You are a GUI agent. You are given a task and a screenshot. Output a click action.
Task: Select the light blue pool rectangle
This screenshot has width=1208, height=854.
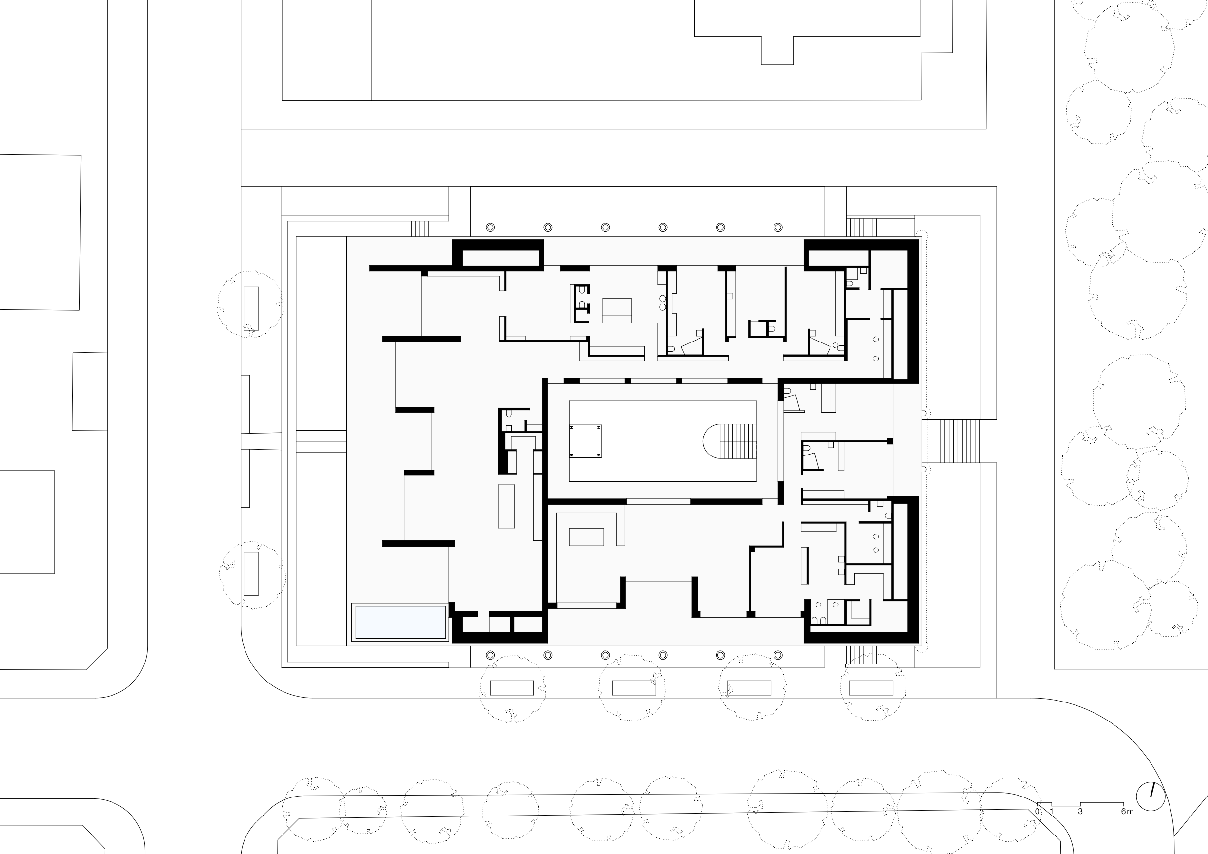point(400,622)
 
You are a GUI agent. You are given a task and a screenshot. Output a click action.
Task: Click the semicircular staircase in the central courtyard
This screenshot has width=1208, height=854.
point(730,441)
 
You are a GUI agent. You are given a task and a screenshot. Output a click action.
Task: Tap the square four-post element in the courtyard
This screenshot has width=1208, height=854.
point(585,441)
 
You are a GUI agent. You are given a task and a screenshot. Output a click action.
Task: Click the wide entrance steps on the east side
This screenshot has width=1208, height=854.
point(953,441)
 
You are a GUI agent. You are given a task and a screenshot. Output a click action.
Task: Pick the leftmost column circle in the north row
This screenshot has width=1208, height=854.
point(491,228)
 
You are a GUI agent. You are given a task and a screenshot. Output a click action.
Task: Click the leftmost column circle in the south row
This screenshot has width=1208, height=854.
point(491,655)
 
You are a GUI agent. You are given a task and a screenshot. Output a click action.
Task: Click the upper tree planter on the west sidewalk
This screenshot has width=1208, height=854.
point(251,308)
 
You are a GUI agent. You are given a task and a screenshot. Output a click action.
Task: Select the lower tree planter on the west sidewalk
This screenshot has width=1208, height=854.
point(251,573)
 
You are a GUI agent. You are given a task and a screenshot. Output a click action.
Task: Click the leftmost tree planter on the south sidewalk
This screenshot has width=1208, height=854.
point(512,688)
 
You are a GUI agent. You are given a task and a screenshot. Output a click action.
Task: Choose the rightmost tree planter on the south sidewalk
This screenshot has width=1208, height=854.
point(871,688)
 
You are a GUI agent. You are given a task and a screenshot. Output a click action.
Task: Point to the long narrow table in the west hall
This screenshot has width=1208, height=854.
point(507,506)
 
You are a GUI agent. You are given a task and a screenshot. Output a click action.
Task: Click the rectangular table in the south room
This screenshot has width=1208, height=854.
point(586,537)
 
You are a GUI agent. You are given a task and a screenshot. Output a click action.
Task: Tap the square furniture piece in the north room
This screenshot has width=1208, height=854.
point(617,310)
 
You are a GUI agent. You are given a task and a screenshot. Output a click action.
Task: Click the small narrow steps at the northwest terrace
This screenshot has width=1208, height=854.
point(420,228)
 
